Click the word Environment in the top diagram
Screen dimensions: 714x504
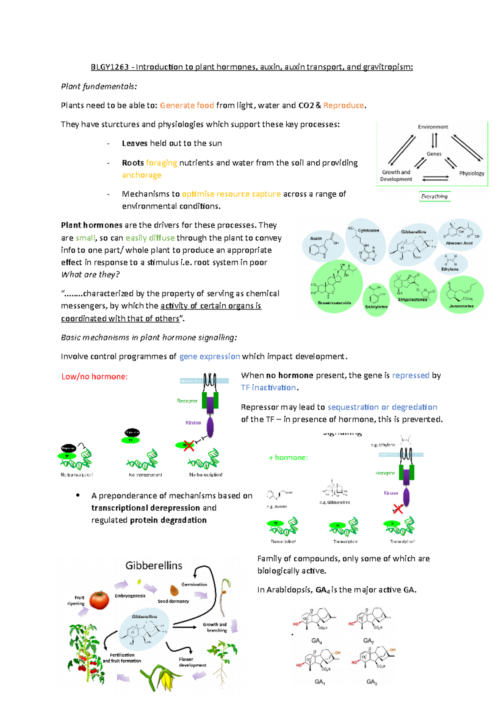point(433,127)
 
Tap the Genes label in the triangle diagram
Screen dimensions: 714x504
point(434,154)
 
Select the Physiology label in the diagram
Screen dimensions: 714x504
point(471,173)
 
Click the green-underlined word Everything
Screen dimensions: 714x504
point(434,196)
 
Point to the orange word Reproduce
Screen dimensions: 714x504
point(343,106)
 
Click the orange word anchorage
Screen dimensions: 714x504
point(142,175)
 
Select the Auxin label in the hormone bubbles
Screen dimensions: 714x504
point(316,238)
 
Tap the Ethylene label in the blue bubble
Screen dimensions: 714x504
point(450,269)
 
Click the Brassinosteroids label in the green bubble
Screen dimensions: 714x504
point(334,303)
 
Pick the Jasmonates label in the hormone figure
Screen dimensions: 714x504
point(461,306)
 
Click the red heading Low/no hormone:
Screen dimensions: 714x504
point(94,377)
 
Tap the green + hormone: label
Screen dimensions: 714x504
point(288,457)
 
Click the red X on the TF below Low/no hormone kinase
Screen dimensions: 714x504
point(189,446)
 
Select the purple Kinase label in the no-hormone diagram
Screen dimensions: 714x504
point(193,423)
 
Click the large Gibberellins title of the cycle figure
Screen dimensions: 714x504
point(154,566)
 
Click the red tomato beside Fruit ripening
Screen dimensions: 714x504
point(99,600)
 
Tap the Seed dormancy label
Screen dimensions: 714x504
point(173,601)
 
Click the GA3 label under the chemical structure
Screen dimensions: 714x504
point(371,682)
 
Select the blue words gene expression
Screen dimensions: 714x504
point(210,357)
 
